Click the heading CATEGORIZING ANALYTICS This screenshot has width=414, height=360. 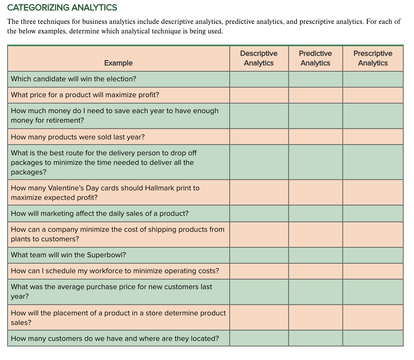point(62,8)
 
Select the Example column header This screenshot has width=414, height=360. point(118,63)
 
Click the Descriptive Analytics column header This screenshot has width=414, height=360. point(259,58)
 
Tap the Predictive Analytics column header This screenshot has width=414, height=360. point(315,58)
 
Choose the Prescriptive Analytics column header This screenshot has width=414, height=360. point(373,58)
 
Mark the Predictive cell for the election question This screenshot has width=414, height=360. point(315,79)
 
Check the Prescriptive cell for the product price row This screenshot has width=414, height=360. point(373,95)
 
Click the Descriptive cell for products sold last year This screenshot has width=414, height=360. point(259,137)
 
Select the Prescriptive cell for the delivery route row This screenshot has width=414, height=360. point(373,162)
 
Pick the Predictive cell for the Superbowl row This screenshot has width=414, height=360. point(315,255)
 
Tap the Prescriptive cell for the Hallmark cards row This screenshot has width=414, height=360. point(373,193)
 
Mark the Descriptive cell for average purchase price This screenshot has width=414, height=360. point(259,292)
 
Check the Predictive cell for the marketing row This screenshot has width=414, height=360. point(315,213)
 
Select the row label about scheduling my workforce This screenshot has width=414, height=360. point(115,271)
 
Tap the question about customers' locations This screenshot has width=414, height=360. point(115,338)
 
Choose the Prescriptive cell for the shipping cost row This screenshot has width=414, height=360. point(373,234)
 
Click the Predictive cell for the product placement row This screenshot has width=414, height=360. point(315,318)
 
